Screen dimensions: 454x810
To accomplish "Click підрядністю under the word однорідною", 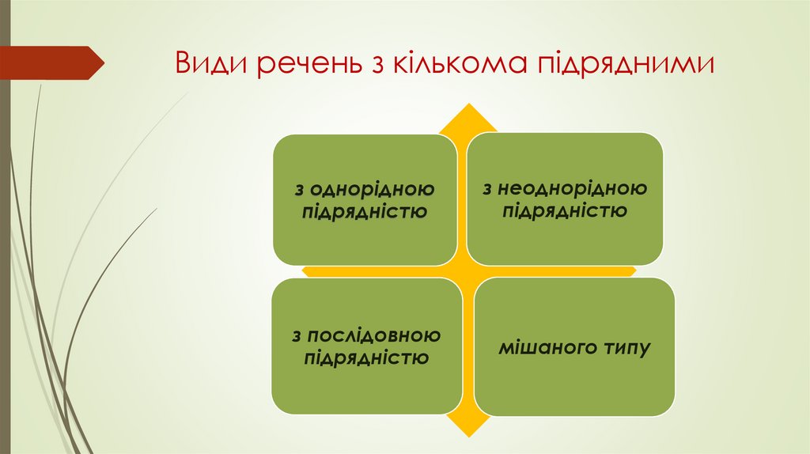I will click(365, 212).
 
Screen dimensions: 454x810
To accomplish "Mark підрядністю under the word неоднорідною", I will click(564, 210).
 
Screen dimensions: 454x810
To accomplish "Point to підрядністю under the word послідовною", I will click(366, 358).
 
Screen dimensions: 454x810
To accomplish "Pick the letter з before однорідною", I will click(299, 190).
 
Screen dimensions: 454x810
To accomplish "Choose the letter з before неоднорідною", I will click(488, 188).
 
